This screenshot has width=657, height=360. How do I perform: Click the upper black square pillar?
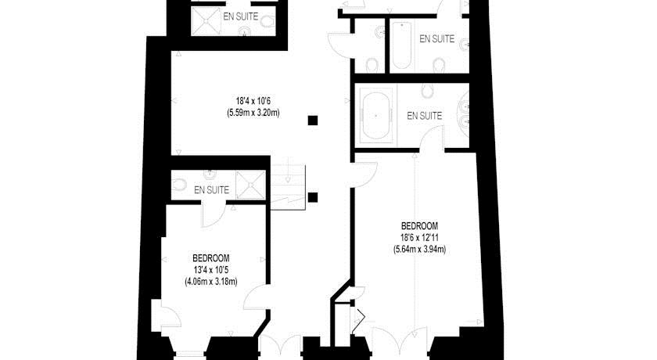pyautogui.click(x=313, y=121)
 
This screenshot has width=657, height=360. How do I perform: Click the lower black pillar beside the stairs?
pyautogui.click(x=313, y=197)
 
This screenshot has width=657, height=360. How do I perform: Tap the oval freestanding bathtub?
pyautogui.click(x=376, y=115)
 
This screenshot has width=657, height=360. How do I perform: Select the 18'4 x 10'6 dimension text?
pyautogui.click(x=253, y=101)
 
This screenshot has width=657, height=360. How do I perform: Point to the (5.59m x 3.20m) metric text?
pyautogui.click(x=253, y=113)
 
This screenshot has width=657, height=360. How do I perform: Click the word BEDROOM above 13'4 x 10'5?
pyautogui.click(x=210, y=258)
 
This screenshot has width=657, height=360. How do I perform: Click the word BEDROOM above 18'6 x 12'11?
pyautogui.click(x=419, y=226)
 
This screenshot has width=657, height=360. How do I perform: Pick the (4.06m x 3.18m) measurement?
pyautogui.click(x=210, y=282)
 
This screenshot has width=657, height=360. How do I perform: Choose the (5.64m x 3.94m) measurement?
pyautogui.click(x=419, y=250)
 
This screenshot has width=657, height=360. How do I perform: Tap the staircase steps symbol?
pyautogui.click(x=289, y=186)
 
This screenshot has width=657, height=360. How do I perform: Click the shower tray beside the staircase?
pyautogui.click(x=250, y=185)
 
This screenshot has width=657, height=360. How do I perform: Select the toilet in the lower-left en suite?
pyautogui.click(x=179, y=185)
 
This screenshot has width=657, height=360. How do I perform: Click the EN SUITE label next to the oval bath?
pyautogui.click(x=425, y=116)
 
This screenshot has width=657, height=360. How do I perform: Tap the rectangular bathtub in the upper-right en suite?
pyautogui.click(x=401, y=45)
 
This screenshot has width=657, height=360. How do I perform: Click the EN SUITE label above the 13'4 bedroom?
pyautogui.click(x=212, y=190)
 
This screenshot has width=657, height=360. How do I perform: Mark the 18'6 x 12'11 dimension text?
pyautogui.click(x=419, y=238)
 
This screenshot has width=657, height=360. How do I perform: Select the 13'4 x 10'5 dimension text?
pyautogui.click(x=210, y=270)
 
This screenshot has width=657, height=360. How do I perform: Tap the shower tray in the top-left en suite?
pyautogui.click(x=206, y=21)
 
